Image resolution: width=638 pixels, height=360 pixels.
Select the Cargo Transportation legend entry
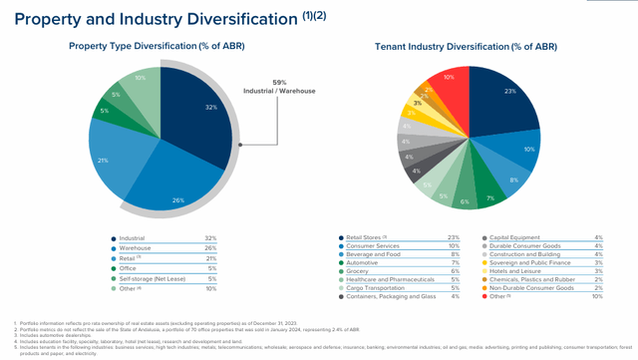pos(379,286)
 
